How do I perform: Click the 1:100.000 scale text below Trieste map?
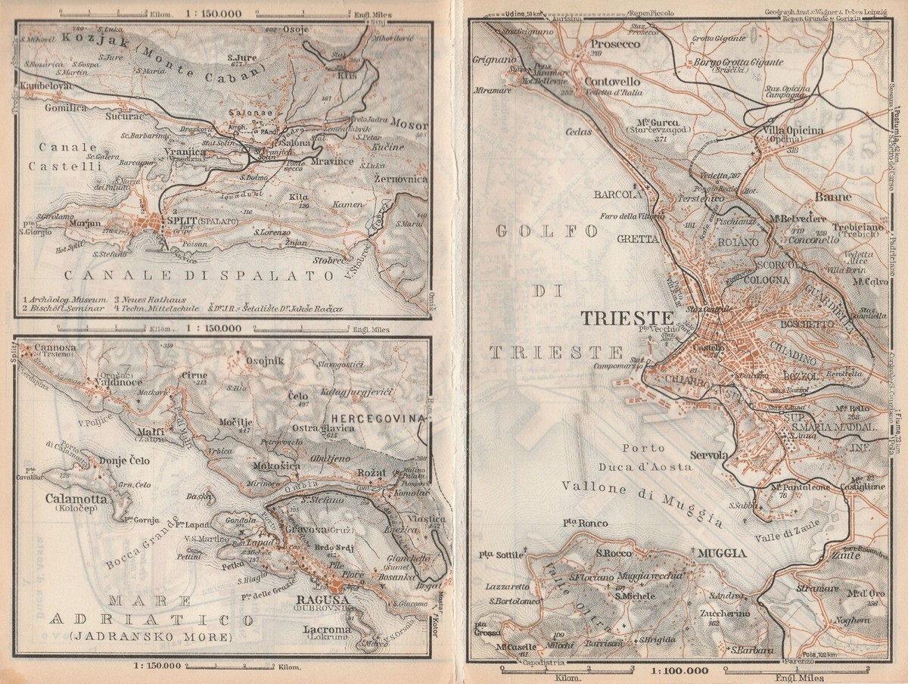tap(677, 670)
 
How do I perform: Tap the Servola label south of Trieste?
tap(709, 455)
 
